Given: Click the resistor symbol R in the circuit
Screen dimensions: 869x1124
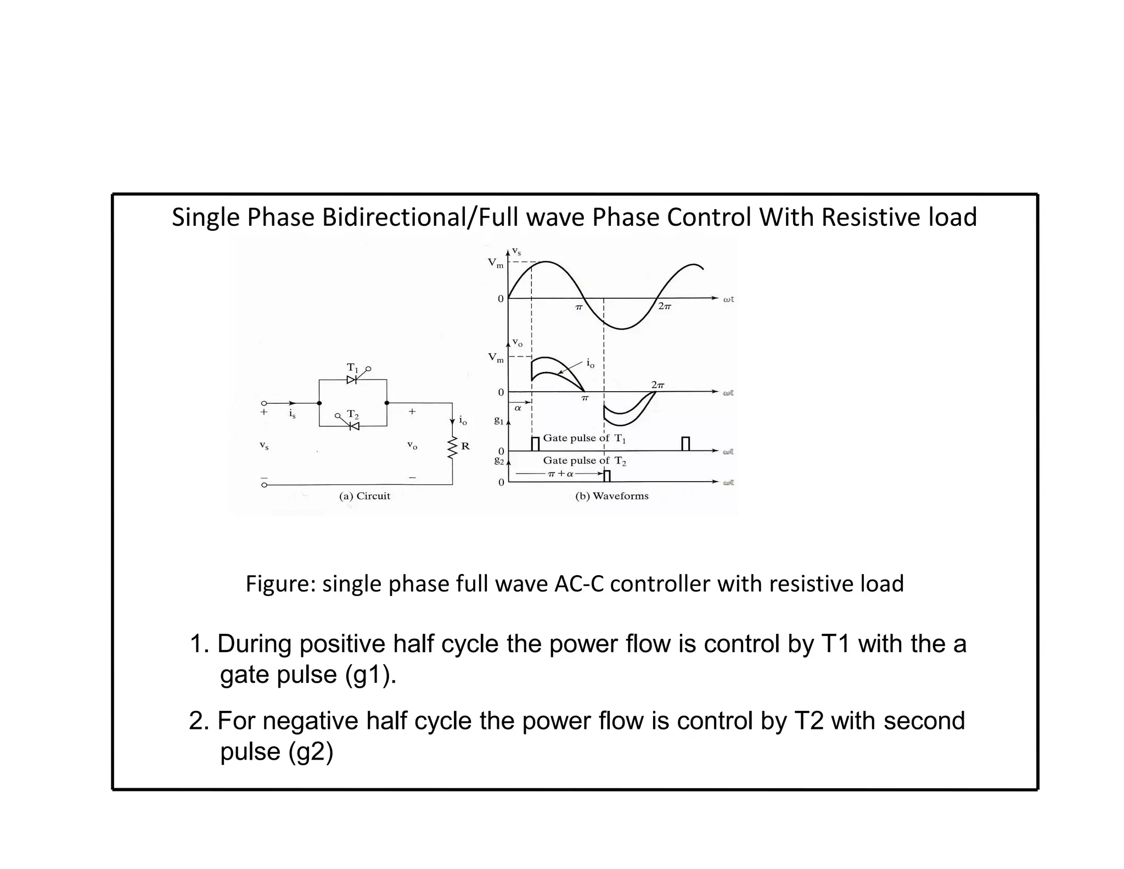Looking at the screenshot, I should pos(453,448).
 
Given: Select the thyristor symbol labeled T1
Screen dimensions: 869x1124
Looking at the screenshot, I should pos(352,380).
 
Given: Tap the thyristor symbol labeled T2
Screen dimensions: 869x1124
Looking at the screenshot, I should pos(353,426).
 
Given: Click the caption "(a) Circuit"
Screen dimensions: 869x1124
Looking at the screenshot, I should pos(364,496).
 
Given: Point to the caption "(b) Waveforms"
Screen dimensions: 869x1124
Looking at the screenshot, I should pos(611,496).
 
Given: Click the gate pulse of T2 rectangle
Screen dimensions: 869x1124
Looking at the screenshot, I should pos(606,476).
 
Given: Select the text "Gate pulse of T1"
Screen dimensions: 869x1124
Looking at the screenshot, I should pos(585,438).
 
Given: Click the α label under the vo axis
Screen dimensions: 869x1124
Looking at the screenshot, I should pos(518,408).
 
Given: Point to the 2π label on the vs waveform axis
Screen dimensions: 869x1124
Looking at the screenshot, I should pos(664,307).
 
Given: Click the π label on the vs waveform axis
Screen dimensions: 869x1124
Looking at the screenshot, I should pos(578,308).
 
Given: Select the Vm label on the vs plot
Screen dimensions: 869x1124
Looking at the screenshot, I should pos(496,263).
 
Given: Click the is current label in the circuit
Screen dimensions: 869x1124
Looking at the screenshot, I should pos(293,414).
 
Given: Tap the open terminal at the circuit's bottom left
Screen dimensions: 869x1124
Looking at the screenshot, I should pos(264,485).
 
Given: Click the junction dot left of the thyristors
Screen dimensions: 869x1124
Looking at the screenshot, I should pos(319,403).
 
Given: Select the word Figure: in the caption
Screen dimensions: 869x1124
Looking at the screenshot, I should pos(280,583).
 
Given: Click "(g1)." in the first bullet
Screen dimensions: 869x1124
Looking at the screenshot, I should pos(370,675).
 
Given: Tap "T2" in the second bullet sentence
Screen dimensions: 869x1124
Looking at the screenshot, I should pos(809,721).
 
